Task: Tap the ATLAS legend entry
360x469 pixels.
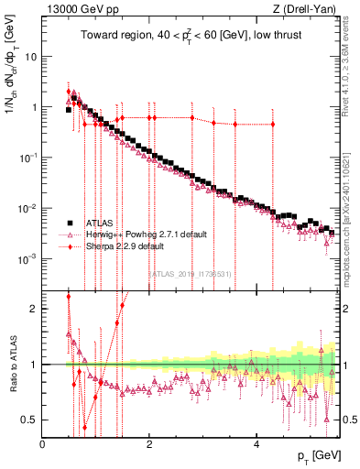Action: pyautogui.click(x=97, y=223)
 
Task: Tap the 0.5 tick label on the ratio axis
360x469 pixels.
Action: pyautogui.click(x=29, y=420)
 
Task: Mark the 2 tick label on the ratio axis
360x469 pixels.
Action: pyautogui.click(x=34, y=308)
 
